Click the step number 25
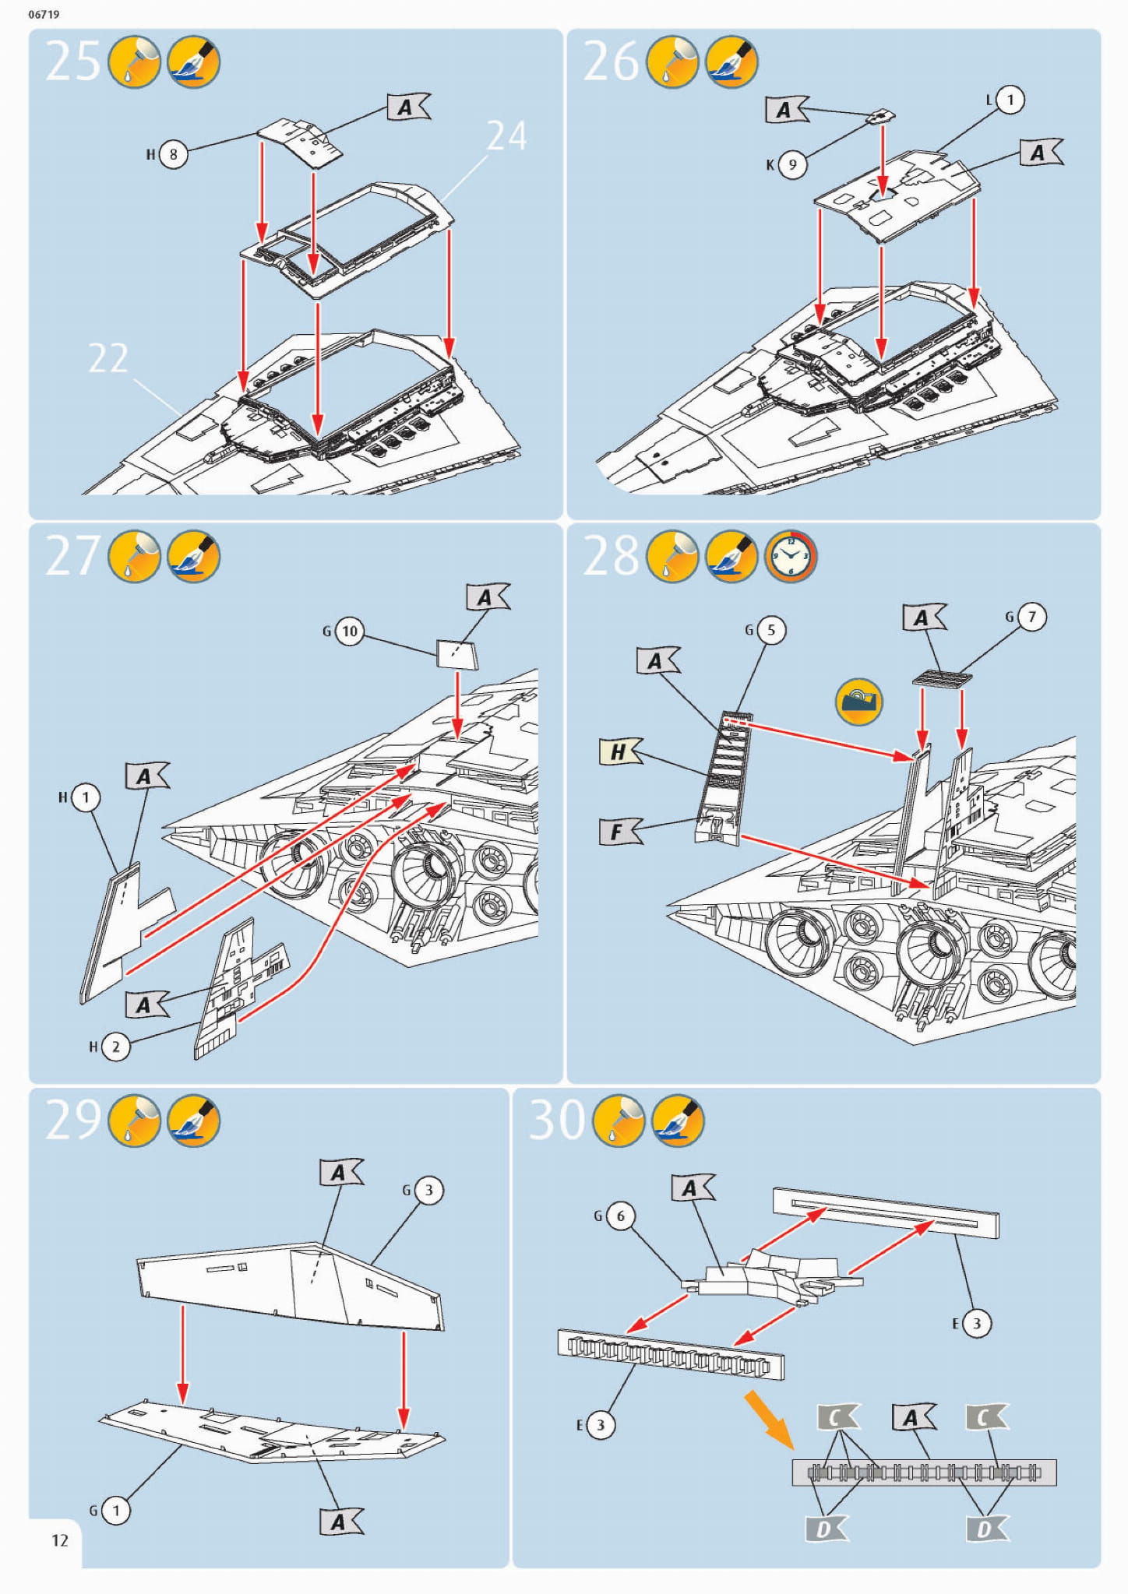[x=72, y=61]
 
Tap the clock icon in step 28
[x=790, y=556]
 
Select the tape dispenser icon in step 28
[x=858, y=701]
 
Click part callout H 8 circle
[x=173, y=154]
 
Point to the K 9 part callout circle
[x=792, y=164]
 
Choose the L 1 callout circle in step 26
[x=1010, y=100]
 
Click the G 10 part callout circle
[x=350, y=631]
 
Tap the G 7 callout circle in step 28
[x=1032, y=617]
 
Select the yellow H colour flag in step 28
[x=619, y=751]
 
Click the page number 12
[x=60, y=1539]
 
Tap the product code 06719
[x=44, y=14]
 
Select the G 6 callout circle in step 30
[x=620, y=1216]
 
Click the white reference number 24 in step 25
[x=506, y=136]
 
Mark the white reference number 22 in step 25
[x=108, y=358]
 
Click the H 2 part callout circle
[x=115, y=1047]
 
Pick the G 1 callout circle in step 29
[x=116, y=1511]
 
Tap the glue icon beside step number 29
[x=135, y=1121]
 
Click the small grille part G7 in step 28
[x=943, y=678]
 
